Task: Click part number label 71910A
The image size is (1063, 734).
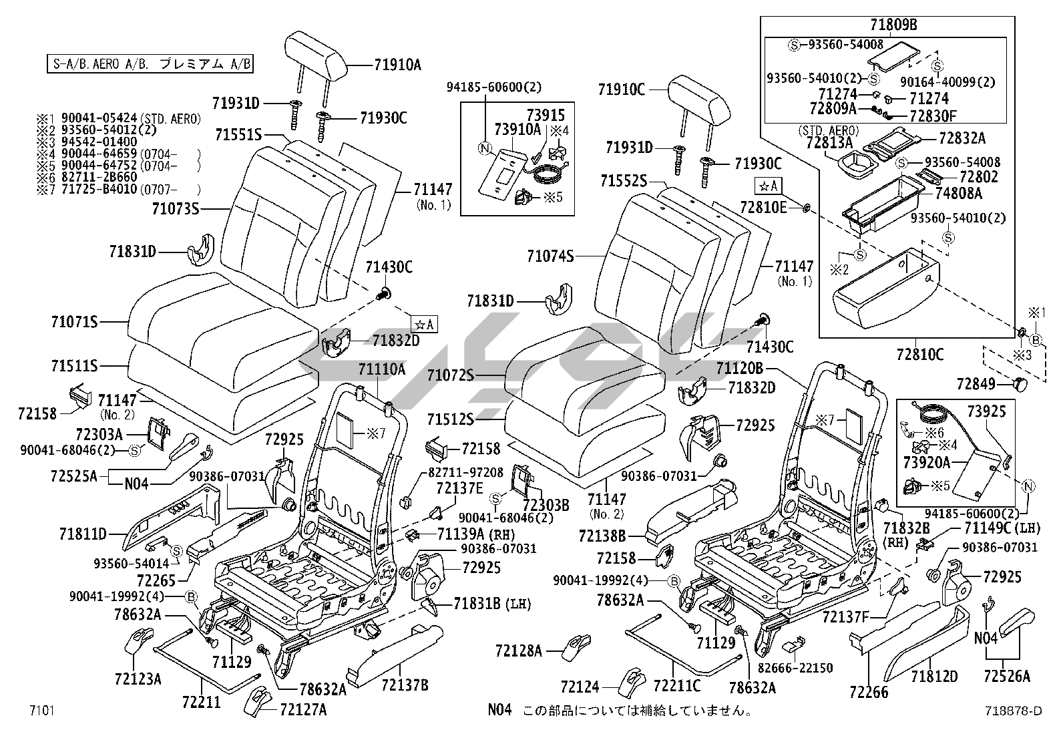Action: click(x=397, y=65)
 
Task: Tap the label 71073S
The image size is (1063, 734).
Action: click(x=176, y=209)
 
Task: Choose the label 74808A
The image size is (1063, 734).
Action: click(x=958, y=194)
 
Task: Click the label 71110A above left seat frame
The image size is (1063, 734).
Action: click(x=381, y=369)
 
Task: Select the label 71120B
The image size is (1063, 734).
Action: click(x=739, y=368)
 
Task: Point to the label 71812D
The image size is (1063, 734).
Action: click(x=934, y=676)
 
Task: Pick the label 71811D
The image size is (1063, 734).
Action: click(x=83, y=534)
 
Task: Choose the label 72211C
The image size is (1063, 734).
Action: click(x=677, y=685)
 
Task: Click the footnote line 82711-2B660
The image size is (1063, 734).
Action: click(x=99, y=176)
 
